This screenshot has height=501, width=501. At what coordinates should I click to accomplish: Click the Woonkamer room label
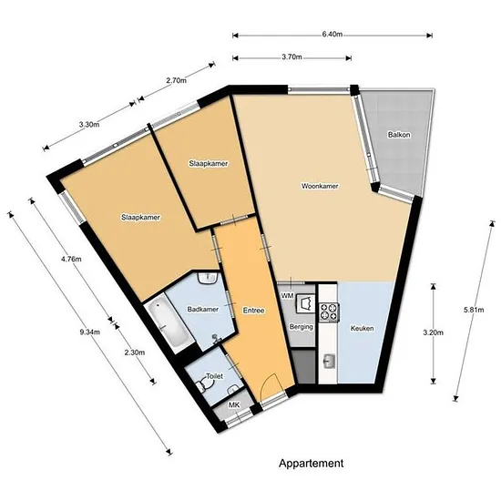[320, 186]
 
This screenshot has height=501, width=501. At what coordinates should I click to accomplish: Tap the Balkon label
[399, 135]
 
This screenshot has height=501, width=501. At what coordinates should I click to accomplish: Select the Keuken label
[362, 328]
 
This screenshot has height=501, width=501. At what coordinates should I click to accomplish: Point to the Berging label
[301, 327]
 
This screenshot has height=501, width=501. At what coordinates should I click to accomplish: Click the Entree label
[253, 311]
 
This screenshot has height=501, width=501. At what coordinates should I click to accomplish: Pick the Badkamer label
[203, 310]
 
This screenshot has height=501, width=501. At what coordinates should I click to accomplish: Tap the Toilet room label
[214, 376]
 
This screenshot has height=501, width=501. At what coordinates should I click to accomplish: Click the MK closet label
[234, 405]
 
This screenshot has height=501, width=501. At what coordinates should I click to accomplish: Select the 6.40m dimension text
[332, 35]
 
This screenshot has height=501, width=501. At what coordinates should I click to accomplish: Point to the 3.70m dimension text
[291, 57]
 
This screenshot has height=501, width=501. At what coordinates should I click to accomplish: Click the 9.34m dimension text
[90, 332]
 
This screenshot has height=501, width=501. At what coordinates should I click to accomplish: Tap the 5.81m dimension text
[474, 310]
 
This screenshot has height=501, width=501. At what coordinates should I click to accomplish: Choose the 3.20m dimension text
[434, 332]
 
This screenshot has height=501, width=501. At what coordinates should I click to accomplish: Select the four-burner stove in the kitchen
[329, 312]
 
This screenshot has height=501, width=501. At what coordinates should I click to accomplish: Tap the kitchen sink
[329, 362]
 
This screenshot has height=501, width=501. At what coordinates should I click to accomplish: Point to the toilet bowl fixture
[202, 385]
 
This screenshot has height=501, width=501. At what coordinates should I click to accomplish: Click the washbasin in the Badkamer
[208, 278]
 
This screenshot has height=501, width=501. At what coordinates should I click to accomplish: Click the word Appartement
[312, 464]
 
